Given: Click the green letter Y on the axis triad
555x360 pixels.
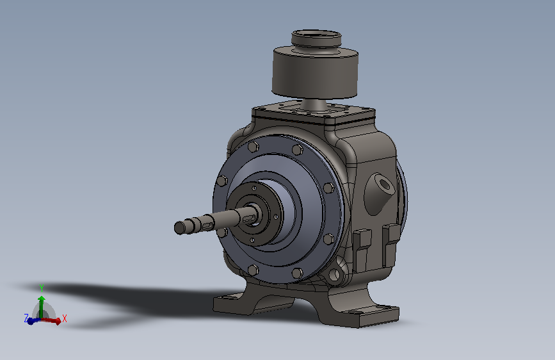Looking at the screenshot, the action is [x=42, y=288].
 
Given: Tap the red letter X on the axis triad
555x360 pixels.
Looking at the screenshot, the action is [x=65, y=318].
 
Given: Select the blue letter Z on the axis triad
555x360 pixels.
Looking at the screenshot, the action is [x=26, y=318].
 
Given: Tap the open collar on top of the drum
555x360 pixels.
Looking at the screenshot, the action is [x=316, y=39].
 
